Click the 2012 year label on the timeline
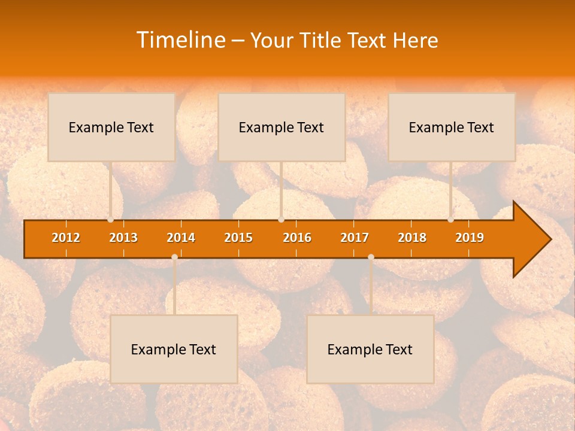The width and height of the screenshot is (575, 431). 66,238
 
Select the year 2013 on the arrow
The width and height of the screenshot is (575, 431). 123,238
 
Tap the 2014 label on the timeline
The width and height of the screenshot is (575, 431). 181,238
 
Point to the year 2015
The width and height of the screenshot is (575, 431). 238,238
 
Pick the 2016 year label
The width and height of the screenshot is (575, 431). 297,238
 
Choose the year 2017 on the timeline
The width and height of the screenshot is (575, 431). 355,238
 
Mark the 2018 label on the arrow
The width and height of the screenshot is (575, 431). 412,238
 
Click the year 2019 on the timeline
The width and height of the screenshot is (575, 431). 470,238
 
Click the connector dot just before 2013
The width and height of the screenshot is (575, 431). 110,220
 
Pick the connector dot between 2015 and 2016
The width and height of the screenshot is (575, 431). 281,220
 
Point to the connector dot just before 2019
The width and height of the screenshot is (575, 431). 450,220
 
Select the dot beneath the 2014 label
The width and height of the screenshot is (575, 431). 174,257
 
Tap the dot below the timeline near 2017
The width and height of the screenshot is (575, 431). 371,257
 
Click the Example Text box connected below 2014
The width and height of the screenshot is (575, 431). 174,349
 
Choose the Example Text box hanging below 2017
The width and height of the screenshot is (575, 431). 370,349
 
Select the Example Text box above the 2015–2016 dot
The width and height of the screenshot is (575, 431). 282,127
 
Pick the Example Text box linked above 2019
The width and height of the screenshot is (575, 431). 452,127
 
